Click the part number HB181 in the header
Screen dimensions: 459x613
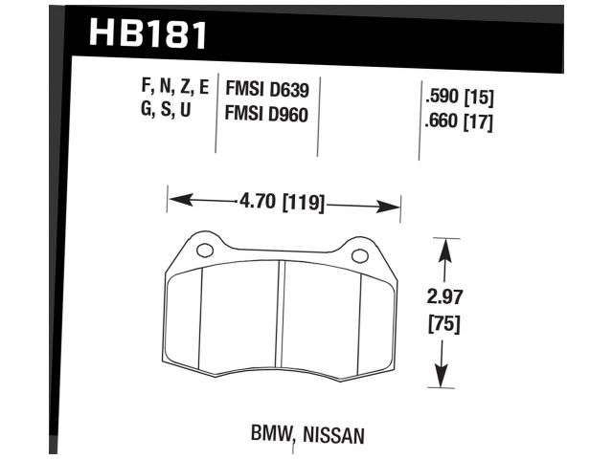147,34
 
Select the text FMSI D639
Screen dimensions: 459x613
266,91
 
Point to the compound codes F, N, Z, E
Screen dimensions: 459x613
174,90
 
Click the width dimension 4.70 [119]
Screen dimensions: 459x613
284,203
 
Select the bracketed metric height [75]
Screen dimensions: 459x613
443,324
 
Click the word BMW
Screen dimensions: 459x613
270,435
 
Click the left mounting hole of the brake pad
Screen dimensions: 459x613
204,252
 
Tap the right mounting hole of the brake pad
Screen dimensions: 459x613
360,255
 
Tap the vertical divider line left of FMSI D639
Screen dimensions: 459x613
216,115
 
